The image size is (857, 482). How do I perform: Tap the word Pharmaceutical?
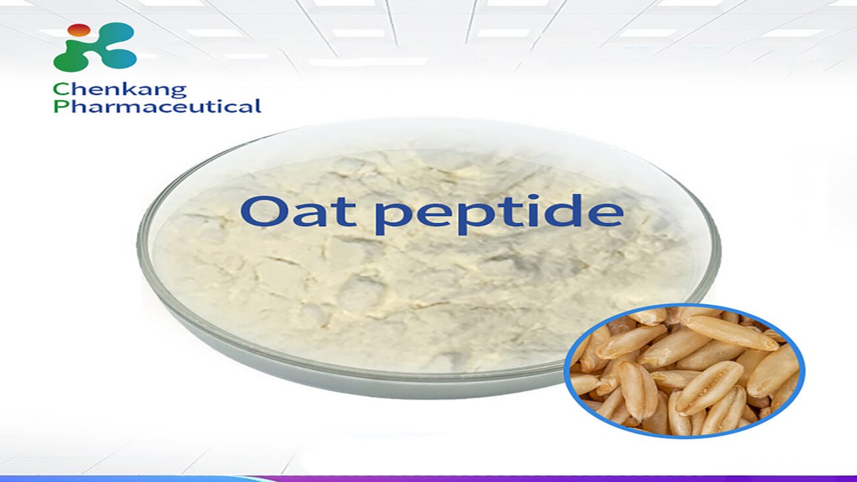pos(157,106)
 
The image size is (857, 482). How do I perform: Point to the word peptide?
pos(498,214)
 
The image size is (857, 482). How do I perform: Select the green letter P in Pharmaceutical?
pos(60,106)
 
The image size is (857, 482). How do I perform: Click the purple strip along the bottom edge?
pos(527,478)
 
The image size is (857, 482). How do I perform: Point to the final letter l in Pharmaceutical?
pos(258,105)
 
